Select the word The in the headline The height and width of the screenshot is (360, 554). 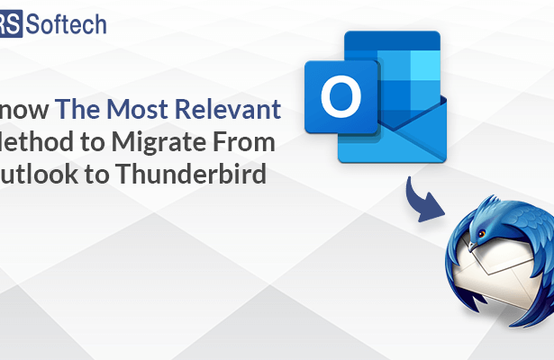point(76,110)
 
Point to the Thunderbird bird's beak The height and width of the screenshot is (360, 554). point(473,243)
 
